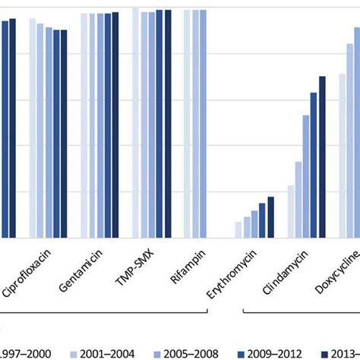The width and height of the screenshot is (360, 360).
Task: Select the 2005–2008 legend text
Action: [x=194, y=352]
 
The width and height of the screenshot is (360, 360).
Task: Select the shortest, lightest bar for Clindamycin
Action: [x=290, y=212]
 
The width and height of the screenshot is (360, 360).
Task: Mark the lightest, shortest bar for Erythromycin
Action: [x=238, y=230]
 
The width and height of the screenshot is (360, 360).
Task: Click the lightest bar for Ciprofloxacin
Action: [x=33, y=128]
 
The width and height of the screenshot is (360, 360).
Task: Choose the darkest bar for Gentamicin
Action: [x=115, y=125]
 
